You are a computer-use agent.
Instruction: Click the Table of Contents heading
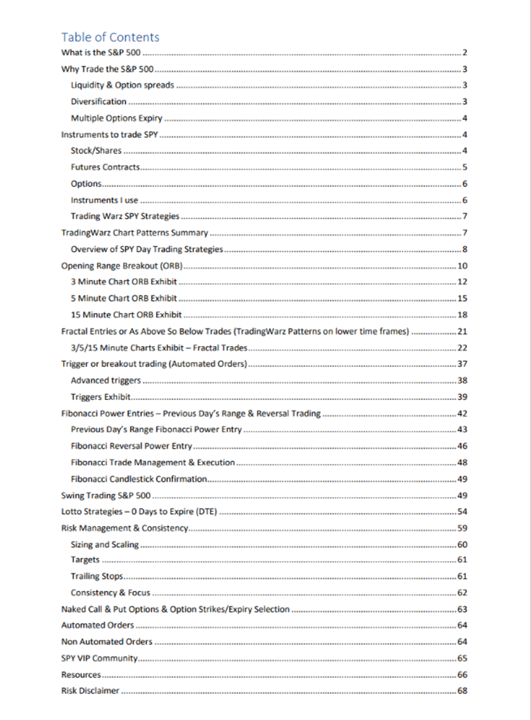[x=110, y=37]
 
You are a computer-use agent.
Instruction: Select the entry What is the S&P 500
[x=101, y=52]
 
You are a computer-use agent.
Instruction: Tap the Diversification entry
[x=99, y=101]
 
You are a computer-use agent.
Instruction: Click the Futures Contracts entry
[x=106, y=167]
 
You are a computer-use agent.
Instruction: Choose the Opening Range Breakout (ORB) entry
[x=122, y=266]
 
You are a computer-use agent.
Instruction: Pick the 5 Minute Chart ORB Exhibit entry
[x=124, y=299]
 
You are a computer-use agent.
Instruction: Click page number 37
[x=462, y=364]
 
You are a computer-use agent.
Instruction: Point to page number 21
[x=462, y=332]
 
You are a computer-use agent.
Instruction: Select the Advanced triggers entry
[x=106, y=381]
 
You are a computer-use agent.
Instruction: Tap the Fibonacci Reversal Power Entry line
[x=131, y=446]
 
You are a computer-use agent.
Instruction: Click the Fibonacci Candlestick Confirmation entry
[x=139, y=479]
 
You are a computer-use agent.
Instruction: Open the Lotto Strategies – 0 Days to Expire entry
[x=139, y=511]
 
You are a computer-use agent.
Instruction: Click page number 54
[x=462, y=511]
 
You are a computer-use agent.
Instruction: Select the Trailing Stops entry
[x=97, y=576]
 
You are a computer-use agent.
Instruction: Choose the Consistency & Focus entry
[x=110, y=593]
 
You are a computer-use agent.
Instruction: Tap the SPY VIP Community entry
[x=99, y=658]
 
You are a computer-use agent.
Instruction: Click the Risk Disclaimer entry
[x=91, y=691]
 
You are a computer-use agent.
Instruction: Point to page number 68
[x=462, y=691]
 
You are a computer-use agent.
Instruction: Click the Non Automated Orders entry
[x=107, y=642]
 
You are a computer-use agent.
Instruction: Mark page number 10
[x=462, y=266]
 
